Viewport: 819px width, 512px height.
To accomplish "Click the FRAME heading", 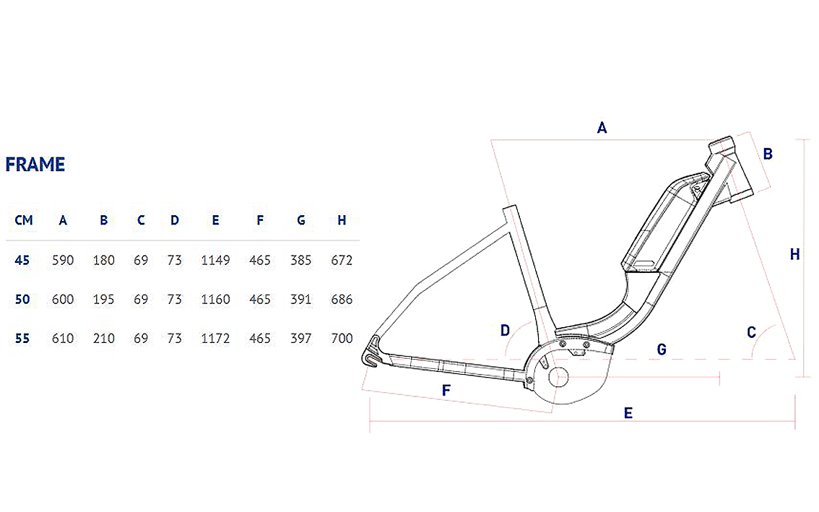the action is (x=35, y=165).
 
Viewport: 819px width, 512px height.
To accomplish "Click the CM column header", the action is (x=24, y=220).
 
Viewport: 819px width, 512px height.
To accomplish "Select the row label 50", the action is (x=22, y=300).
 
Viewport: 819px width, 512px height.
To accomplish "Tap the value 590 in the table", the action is (x=63, y=260).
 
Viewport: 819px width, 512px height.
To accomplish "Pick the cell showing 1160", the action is (x=215, y=300).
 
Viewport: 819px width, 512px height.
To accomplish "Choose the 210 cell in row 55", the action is (x=103, y=339).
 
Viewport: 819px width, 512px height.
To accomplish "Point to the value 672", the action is (x=342, y=260).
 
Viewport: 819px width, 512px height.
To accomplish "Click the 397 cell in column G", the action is (x=301, y=339).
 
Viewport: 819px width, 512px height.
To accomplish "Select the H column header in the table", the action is (x=342, y=220).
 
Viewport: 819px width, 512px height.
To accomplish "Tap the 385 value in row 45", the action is (x=301, y=260).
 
